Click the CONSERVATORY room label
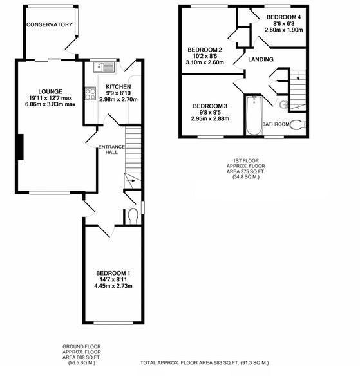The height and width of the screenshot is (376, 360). click(x=50, y=24)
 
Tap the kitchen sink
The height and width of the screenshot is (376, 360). click(x=104, y=67)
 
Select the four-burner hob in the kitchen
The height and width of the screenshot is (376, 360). click(x=91, y=93)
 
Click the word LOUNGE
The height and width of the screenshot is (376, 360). click(x=50, y=91)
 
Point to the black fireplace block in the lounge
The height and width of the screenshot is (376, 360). click(x=20, y=147)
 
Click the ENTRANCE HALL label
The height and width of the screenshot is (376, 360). click(x=111, y=149)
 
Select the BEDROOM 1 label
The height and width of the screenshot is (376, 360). click(x=113, y=273)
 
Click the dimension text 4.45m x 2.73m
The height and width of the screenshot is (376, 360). click(x=113, y=286)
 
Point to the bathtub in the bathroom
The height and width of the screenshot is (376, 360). click(x=254, y=115)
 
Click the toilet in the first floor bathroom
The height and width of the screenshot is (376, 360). click(x=298, y=125)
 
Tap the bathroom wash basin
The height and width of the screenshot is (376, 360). click(x=284, y=104)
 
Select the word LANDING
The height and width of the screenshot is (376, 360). click(x=261, y=59)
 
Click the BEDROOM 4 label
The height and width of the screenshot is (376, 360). click(x=284, y=17)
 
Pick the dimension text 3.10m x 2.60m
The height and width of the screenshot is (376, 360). click(x=205, y=62)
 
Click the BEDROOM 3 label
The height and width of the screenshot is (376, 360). click(x=210, y=106)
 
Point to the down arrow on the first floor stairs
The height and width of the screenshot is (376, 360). click(x=298, y=77)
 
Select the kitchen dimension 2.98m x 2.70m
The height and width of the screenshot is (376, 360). click(x=118, y=99)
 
